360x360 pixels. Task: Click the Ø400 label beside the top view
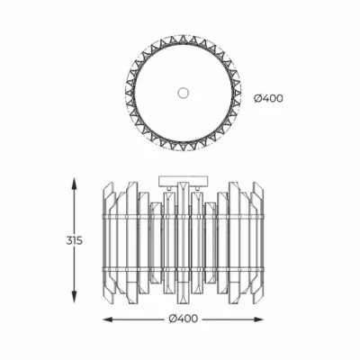click(x=268, y=98)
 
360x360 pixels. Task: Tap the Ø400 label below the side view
click(x=184, y=319)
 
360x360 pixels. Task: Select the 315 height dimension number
click(x=74, y=240)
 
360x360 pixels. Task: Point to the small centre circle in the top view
click(x=183, y=93)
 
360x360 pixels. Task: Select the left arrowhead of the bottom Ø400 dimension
click(x=109, y=319)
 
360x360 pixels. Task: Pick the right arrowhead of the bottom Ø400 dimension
click(x=257, y=319)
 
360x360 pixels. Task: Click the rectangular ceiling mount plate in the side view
click(x=183, y=181)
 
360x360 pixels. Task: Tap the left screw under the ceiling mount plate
click(x=170, y=188)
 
